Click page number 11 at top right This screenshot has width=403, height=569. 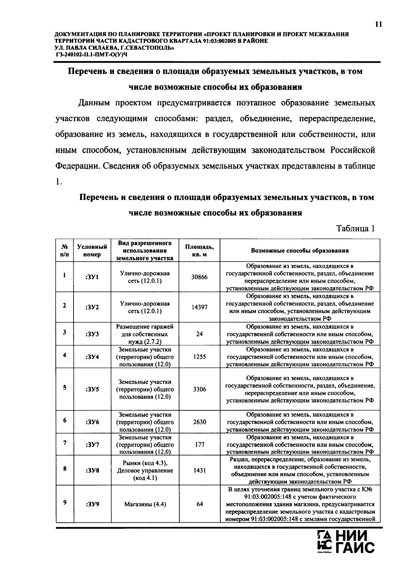coord(378,24)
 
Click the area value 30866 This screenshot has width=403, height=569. coord(199,277)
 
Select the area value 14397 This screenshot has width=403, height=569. coord(199,307)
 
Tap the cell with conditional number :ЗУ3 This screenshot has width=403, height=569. coord(92,334)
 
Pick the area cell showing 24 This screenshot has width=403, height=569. coord(199,334)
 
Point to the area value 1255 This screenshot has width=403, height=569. coord(199,357)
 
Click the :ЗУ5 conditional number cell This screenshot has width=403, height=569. coord(92,390)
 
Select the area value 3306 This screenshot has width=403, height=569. coord(199,390)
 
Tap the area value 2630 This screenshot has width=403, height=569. coord(199,422)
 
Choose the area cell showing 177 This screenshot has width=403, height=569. coord(199,445)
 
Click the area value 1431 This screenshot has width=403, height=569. coord(199,470)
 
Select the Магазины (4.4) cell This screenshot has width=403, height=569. coord(145,504)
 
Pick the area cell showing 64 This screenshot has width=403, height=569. coord(199,504)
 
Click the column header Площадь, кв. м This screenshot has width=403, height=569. coord(199,251)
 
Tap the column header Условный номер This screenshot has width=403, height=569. coord(92,251)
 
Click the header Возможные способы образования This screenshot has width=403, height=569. coord(300,251)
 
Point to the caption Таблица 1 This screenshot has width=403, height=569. coord(355,229)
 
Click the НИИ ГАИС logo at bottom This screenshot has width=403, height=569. coord(346,545)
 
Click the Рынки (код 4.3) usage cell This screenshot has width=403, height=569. coord(145,470)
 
